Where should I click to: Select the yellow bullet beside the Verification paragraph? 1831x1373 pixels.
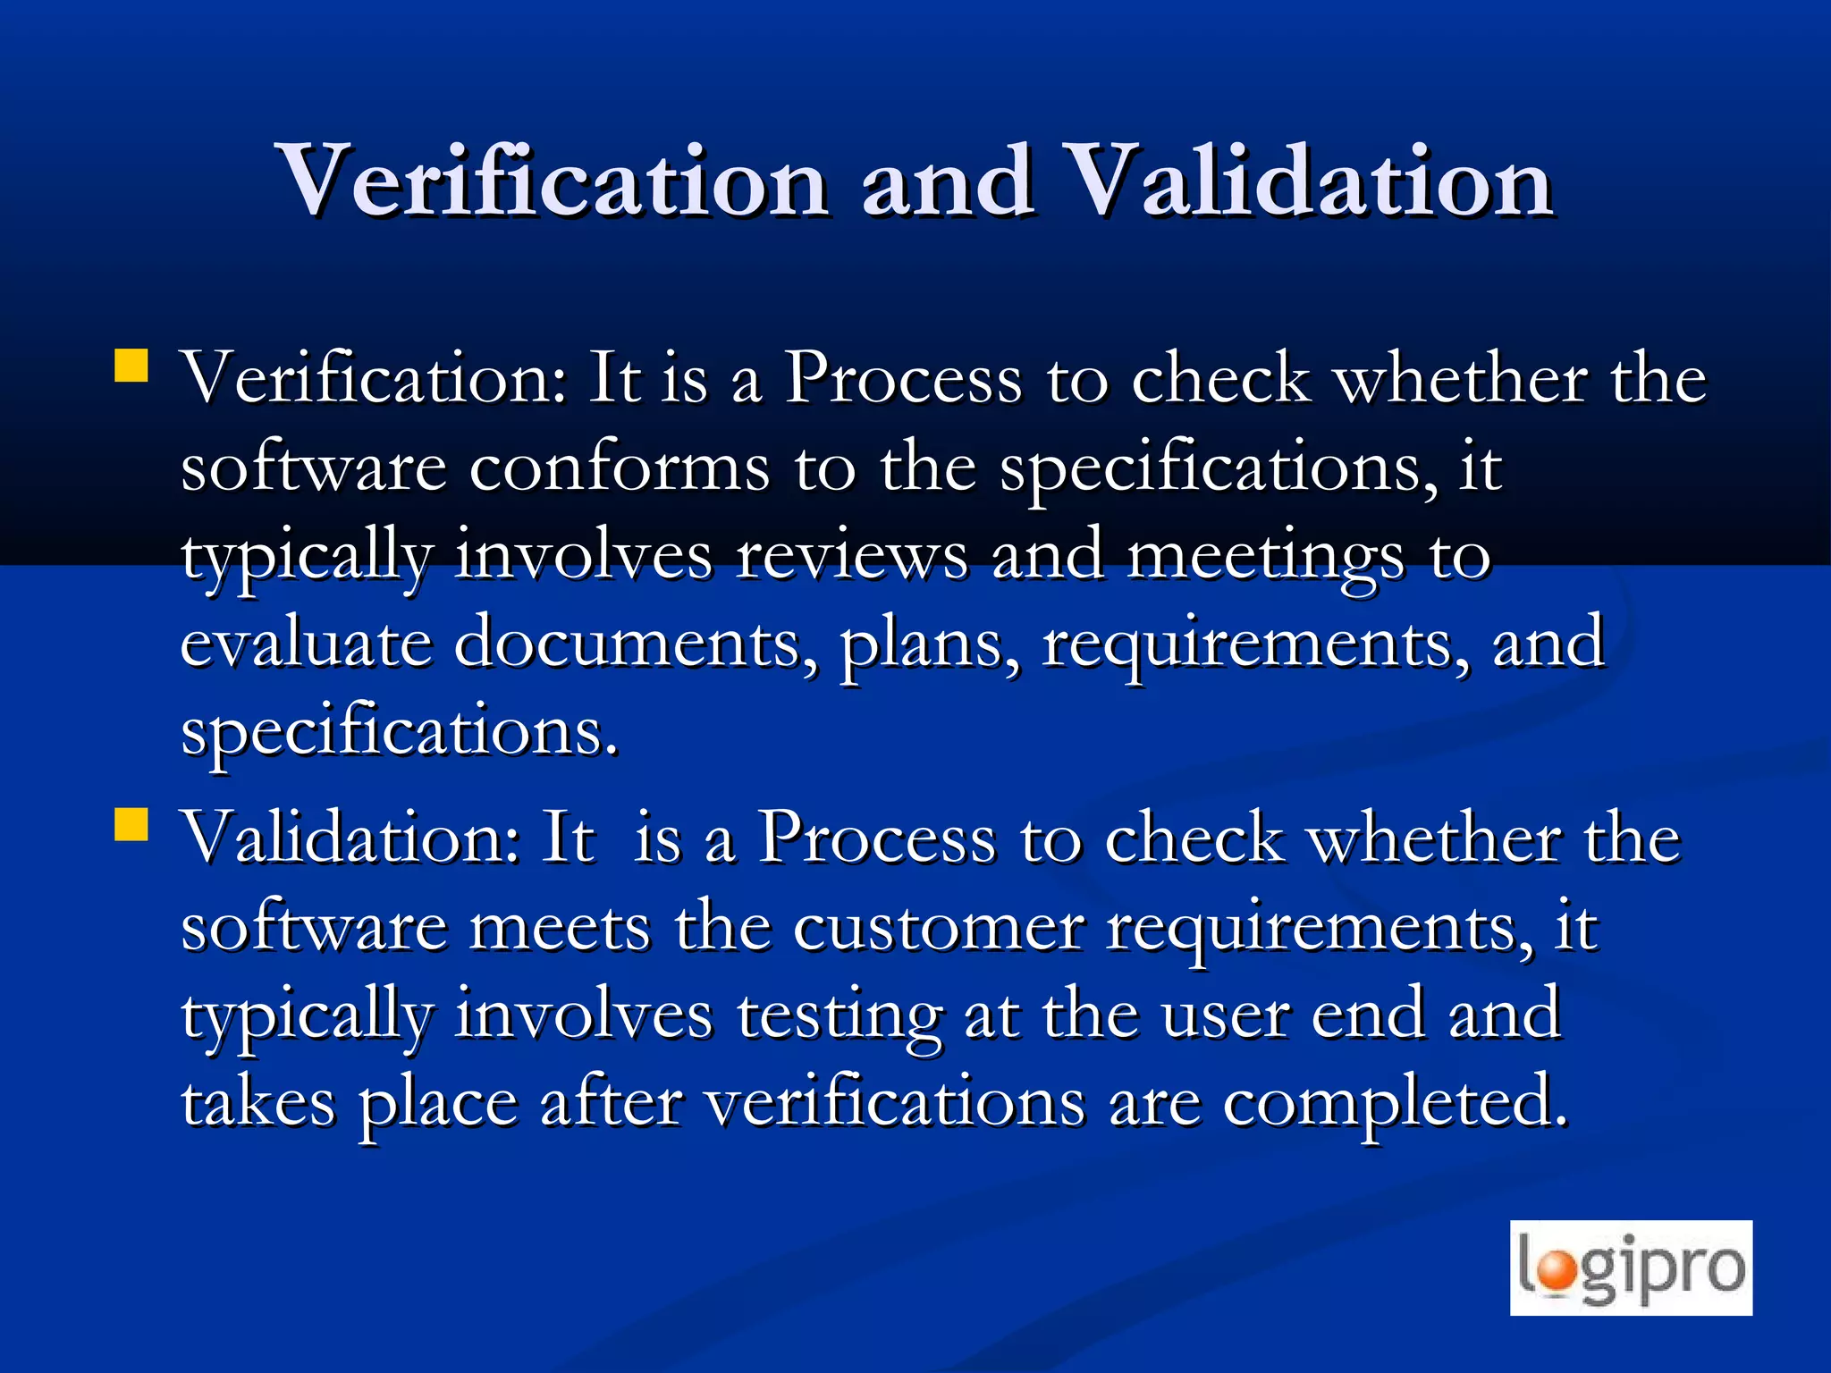[131, 366]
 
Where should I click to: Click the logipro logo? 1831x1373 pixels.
[1631, 1268]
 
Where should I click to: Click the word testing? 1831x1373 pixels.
[839, 1017]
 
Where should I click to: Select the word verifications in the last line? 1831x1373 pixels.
[895, 1103]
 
